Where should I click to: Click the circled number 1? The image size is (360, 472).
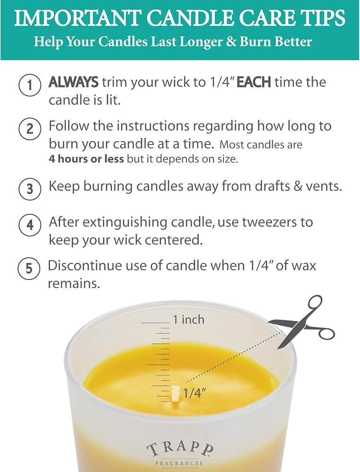point(29,85)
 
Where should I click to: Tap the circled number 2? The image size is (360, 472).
point(29,128)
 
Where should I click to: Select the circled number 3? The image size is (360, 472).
point(29,189)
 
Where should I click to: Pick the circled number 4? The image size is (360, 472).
point(29,225)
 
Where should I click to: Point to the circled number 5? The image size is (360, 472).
point(29,268)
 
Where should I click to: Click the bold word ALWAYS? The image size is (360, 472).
point(74,82)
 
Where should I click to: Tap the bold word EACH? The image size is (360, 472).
point(254,82)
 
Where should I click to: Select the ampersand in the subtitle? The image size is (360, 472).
point(231,42)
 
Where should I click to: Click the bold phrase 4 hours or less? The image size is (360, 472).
point(86,159)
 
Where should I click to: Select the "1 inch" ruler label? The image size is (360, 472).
point(189,320)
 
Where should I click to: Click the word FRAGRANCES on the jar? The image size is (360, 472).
point(179,464)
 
